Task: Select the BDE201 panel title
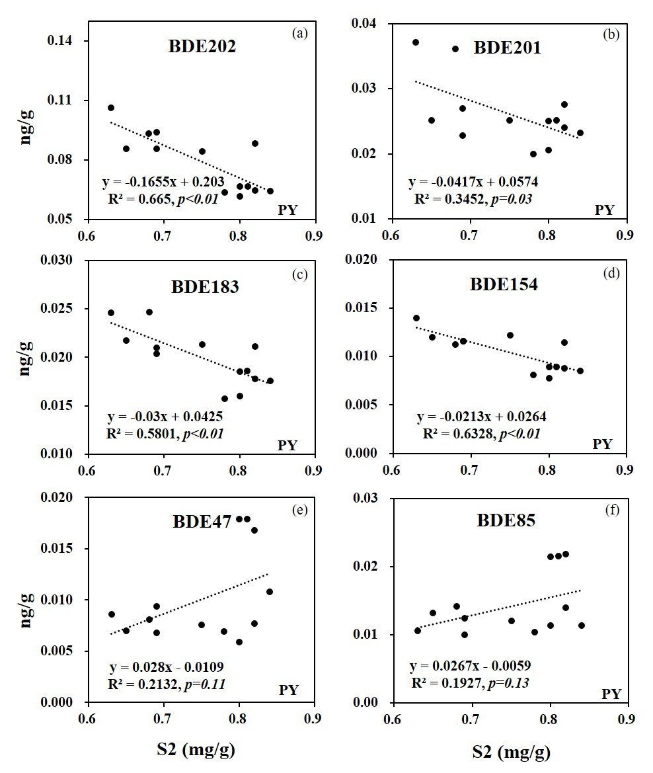(508, 48)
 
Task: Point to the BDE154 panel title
(504, 285)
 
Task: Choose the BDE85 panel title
(506, 520)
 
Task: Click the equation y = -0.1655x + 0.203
(163, 183)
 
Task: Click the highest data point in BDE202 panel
(111, 108)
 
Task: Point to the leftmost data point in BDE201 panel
(416, 42)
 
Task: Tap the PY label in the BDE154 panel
(603, 444)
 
